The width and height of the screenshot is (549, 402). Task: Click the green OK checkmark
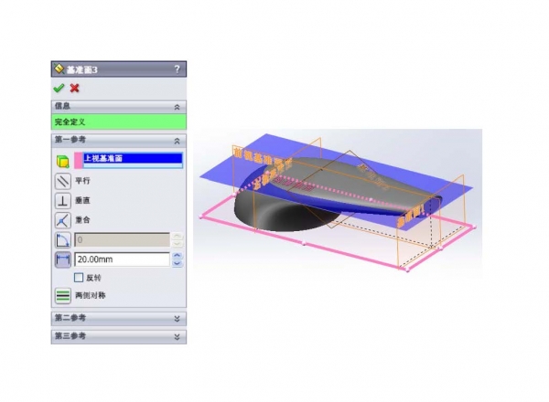pyautogui.click(x=59, y=88)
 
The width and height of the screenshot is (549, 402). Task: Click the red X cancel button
pyautogui.click(x=74, y=88)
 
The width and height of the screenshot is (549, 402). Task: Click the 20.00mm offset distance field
pyautogui.click(x=122, y=259)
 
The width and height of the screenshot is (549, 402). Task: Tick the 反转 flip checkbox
pyautogui.click(x=79, y=277)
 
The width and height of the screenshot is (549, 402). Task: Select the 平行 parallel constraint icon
pyautogui.click(x=62, y=180)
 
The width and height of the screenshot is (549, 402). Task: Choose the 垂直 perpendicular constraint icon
pyautogui.click(x=62, y=200)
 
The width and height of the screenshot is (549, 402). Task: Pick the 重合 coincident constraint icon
pyautogui.click(x=62, y=220)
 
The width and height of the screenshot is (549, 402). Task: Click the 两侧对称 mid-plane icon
pyautogui.click(x=62, y=295)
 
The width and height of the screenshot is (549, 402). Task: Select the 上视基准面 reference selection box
pyautogui.click(x=132, y=159)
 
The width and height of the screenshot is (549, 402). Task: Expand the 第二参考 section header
pyautogui.click(x=119, y=318)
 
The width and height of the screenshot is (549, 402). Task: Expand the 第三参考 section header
pyautogui.click(x=119, y=336)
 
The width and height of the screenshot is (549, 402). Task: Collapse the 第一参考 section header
pyautogui.click(x=119, y=140)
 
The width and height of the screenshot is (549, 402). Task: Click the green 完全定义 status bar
pyautogui.click(x=119, y=121)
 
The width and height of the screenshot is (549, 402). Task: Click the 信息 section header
pyautogui.click(x=119, y=106)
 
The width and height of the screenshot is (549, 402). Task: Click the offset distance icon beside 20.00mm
pyautogui.click(x=62, y=259)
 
